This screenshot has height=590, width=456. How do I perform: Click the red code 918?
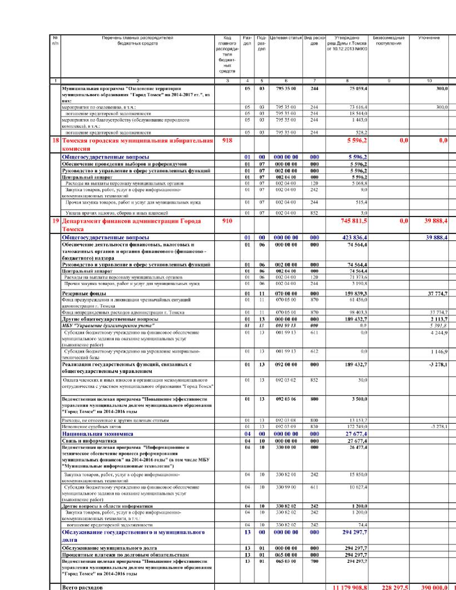coord(227,141)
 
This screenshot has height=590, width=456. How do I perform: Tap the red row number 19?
coord(55,221)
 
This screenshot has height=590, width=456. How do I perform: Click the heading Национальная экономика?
coord(98,434)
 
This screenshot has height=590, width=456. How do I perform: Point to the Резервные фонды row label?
coord(84,294)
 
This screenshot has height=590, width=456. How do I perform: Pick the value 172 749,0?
coord(358,427)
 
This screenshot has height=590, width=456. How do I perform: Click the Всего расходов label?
coord(82,587)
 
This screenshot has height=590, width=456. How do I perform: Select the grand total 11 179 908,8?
coord(350,587)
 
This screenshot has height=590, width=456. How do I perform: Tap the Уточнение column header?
coord(429,38)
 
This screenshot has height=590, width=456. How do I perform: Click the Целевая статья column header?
coord(286,38)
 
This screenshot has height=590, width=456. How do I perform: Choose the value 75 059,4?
coord(358,89)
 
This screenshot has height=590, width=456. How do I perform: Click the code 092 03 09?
coord(286,427)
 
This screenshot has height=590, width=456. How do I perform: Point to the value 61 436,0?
coord(358,300)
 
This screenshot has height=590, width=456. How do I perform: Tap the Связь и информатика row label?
coord(89,441)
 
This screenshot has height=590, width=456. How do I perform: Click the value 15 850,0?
coord(358,475)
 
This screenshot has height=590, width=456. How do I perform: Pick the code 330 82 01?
coord(286,475)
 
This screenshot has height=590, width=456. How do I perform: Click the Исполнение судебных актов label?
coord(92,427)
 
